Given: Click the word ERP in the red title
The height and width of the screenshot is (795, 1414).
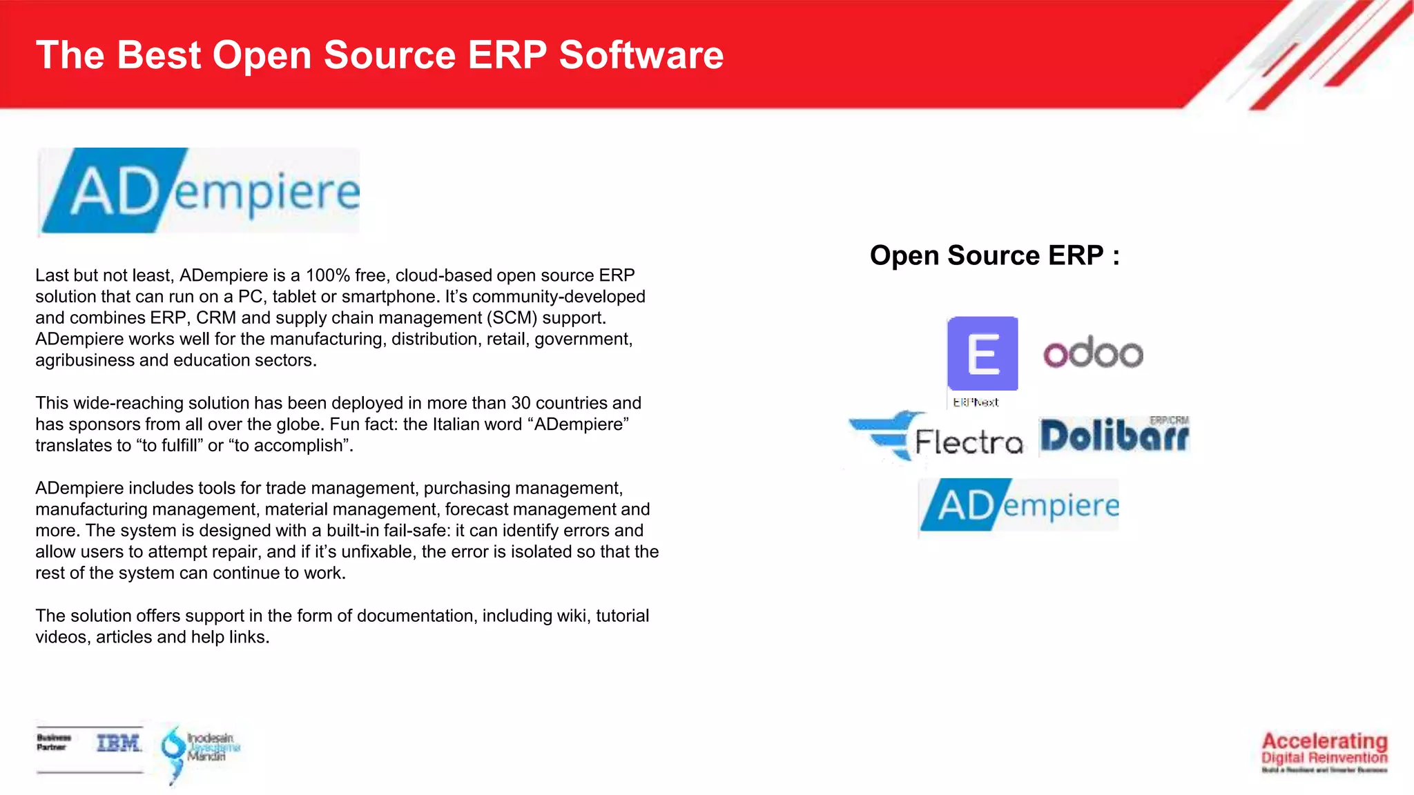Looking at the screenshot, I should pos(507,55).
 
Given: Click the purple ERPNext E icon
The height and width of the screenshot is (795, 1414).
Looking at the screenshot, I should pos(982,353).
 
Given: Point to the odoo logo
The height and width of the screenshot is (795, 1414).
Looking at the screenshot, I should pos(1093,353).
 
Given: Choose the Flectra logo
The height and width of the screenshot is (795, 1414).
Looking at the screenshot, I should pos(937,438).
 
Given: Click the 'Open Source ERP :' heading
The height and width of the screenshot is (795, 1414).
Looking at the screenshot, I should pos(994,255).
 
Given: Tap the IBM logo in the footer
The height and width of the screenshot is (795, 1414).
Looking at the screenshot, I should pos(119,743).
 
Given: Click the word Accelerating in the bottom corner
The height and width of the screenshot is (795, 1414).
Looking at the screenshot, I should pos(1324,741).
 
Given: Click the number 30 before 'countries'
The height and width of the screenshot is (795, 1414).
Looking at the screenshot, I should pos(521,403).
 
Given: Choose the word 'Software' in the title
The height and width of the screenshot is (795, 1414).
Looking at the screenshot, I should pos(641,55).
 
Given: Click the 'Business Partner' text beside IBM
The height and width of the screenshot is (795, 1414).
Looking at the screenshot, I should pos(54,743).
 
